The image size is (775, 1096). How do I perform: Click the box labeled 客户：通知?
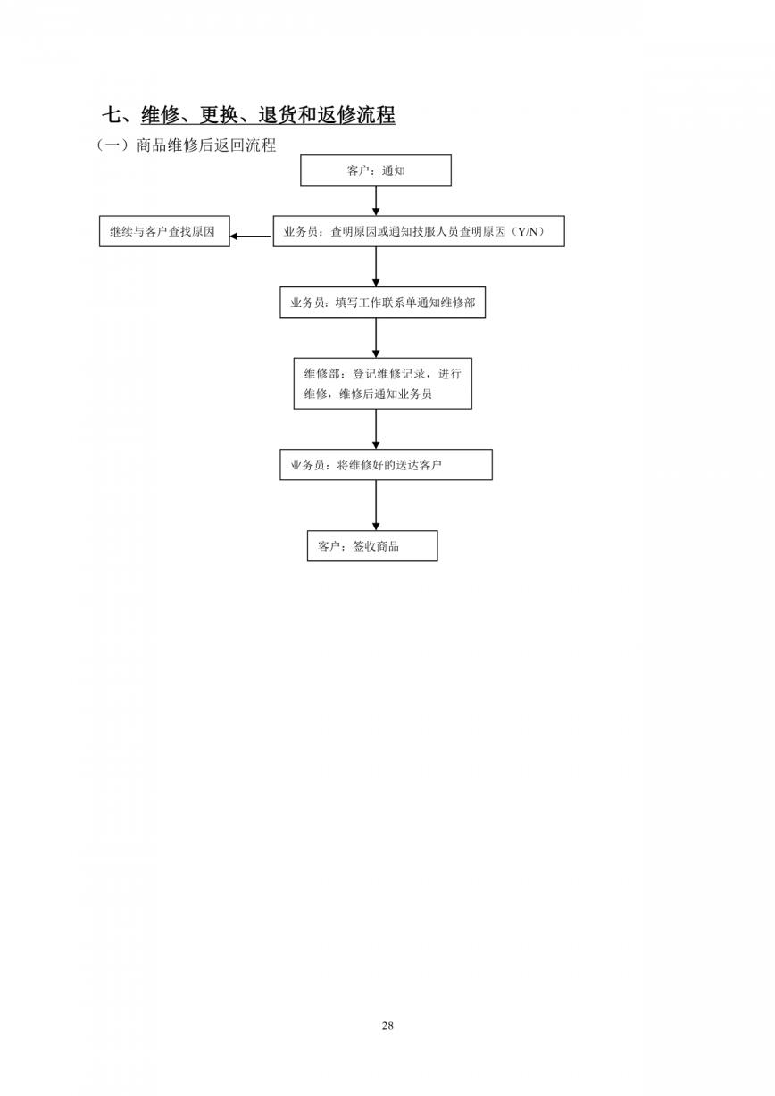376,170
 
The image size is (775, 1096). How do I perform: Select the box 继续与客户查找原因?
164,231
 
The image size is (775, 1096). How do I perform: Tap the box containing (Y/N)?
419,231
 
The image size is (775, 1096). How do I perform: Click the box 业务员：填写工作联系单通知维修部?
382,303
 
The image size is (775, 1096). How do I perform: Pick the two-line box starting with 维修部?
382,384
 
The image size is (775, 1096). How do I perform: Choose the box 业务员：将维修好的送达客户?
386,465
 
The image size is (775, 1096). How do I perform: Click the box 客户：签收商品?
372,546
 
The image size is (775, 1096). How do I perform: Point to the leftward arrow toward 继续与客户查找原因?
251,237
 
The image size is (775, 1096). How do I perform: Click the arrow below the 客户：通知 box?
376,201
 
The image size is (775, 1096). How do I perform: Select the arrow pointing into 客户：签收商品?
376,505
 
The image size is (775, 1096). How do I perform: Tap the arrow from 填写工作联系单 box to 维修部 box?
376,337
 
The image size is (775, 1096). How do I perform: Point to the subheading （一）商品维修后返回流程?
186,145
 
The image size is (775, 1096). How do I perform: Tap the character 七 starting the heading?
112,115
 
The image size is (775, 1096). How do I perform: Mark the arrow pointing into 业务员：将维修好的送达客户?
376,429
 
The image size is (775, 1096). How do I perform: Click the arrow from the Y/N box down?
376,267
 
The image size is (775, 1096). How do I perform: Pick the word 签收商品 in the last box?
376,546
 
